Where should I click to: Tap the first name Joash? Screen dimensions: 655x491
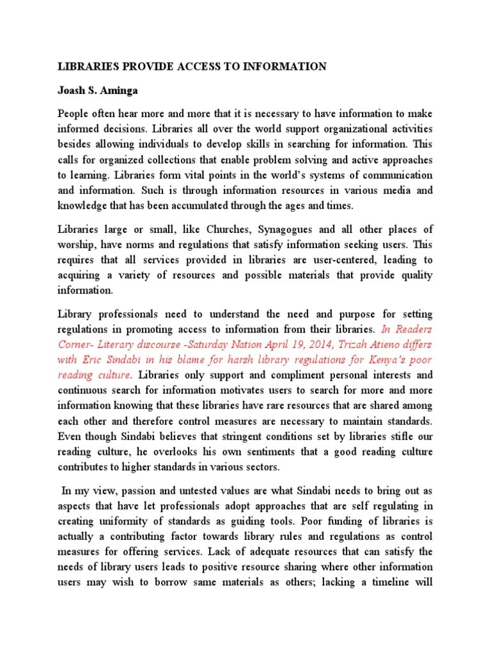[73, 88]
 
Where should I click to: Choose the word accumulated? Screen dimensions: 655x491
[210, 206]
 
